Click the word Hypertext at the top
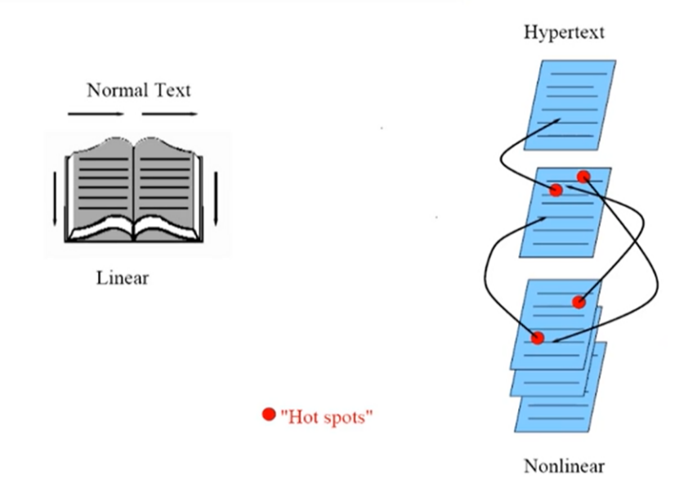(565, 34)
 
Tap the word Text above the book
(169, 89)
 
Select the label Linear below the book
(123, 278)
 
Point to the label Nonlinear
(564, 467)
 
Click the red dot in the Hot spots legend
(268, 415)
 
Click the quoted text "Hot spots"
(327, 417)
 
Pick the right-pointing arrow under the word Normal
(96, 115)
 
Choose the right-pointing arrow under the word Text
(170, 115)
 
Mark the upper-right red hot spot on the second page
(583, 177)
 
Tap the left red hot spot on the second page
(556, 191)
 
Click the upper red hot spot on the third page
(579, 302)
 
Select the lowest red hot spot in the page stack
(537, 338)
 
